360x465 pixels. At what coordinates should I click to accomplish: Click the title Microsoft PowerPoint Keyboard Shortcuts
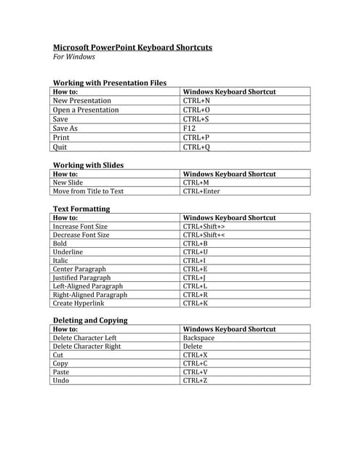132,48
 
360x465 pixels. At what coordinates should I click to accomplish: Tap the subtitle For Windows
74,57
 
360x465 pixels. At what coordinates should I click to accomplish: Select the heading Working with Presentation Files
110,83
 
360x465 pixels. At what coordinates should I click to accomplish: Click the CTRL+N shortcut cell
197,101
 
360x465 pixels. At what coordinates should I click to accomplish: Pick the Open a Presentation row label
86,110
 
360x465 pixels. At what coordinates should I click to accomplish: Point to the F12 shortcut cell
190,129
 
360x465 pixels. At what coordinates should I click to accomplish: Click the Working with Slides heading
88,165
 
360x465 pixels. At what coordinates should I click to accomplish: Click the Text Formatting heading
81,209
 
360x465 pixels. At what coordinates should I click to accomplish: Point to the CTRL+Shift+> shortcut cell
204,227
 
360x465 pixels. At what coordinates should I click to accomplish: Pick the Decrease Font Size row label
81,235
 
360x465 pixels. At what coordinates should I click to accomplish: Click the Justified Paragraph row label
82,278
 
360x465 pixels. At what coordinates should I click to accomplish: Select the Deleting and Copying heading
90,320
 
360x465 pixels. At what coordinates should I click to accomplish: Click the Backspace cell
199,339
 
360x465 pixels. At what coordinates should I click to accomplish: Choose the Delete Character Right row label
87,347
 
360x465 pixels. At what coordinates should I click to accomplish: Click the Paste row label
62,372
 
